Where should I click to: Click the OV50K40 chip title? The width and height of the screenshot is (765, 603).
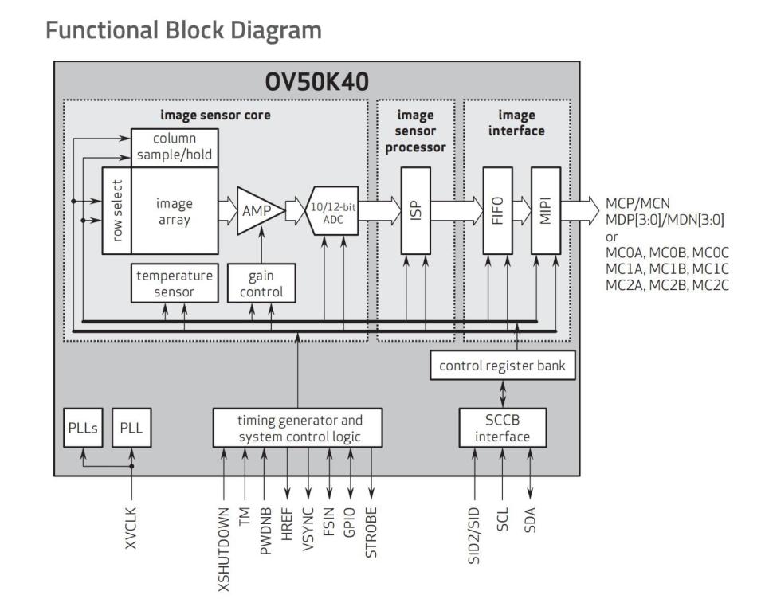[x=317, y=82]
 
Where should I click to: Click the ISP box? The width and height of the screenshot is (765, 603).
[x=416, y=210]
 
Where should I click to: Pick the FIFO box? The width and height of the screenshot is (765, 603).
[x=498, y=210]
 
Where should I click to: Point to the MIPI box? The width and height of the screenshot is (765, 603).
[x=546, y=210]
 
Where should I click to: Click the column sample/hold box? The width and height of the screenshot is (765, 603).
[x=174, y=147]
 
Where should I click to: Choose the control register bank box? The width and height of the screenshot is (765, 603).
[x=502, y=366]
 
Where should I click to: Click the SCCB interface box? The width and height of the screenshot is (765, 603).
[x=503, y=429]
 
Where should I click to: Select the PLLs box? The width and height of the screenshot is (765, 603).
[x=82, y=429]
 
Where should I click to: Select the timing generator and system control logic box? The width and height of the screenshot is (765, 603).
[x=297, y=428]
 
